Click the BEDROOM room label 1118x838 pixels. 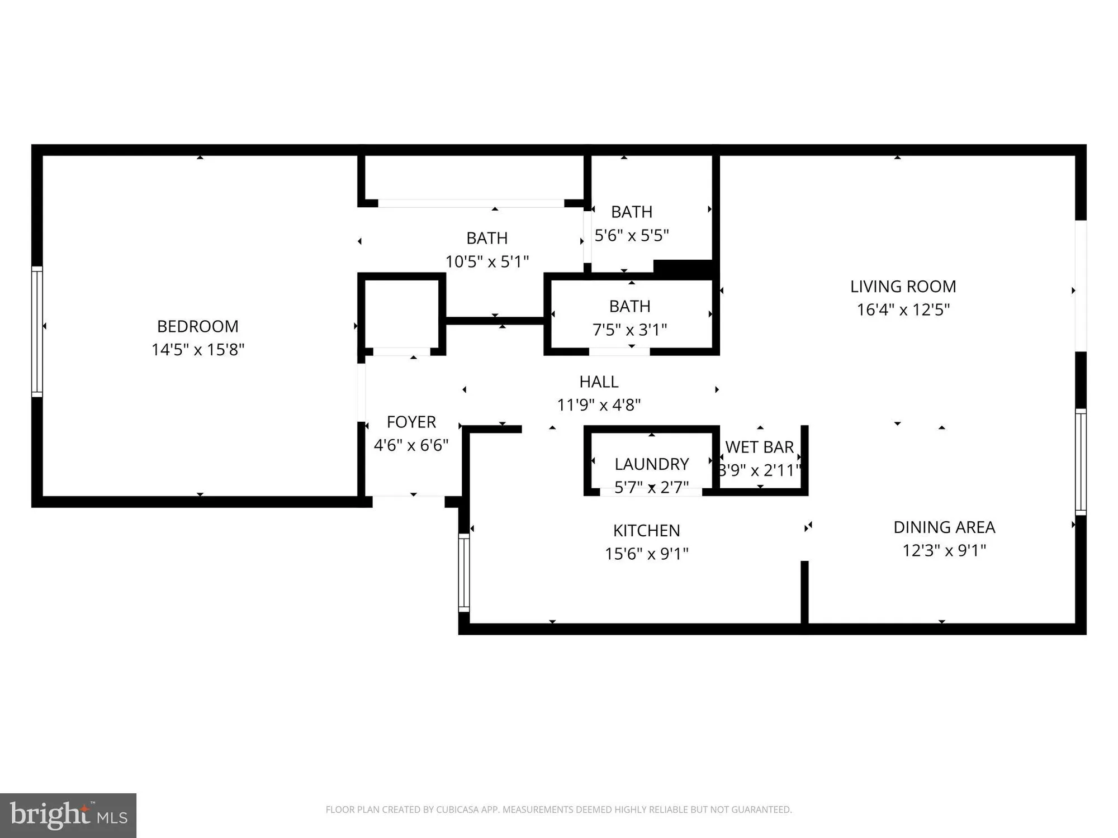[x=197, y=326]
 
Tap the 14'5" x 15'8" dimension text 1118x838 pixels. [x=198, y=350]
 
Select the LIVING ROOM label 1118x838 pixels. [x=903, y=287]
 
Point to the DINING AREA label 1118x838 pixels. [x=944, y=527]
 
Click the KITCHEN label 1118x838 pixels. [x=646, y=531]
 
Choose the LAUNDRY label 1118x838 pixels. [x=651, y=464]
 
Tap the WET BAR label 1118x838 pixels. [x=759, y=447]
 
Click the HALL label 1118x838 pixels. [x=599, y=382]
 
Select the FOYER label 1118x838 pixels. [x=411, y=422]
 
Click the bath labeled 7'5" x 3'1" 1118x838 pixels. [x=629, y=307]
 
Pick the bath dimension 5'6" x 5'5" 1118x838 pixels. [x=631, y=236]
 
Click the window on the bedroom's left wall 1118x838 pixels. [x=37, y=331]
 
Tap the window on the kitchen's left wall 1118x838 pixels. [x=464, y=572]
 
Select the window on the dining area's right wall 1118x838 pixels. [x=1081, y=461]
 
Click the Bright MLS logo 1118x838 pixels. [x=68, y=815]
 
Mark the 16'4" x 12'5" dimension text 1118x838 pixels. [x=903, y=310]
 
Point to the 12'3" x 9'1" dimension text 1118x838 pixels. [x=944, y=551]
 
